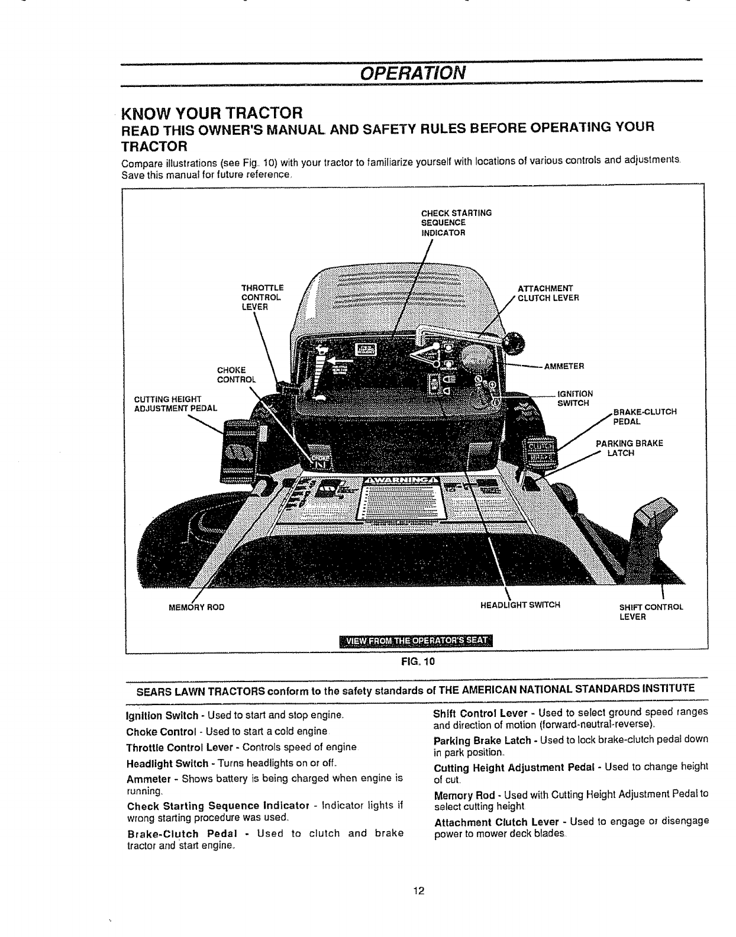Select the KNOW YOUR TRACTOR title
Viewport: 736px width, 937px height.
[x=212, y=112]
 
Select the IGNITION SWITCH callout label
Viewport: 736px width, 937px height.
[x=575, y=398]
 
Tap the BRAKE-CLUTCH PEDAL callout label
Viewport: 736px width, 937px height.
[x=644, y=416]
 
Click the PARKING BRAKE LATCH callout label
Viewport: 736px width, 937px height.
[x=629, y=448]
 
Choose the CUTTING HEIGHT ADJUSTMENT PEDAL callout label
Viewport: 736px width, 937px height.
[x=176, y=403]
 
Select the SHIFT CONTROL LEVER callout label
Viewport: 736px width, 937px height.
[x=651, y=612]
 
